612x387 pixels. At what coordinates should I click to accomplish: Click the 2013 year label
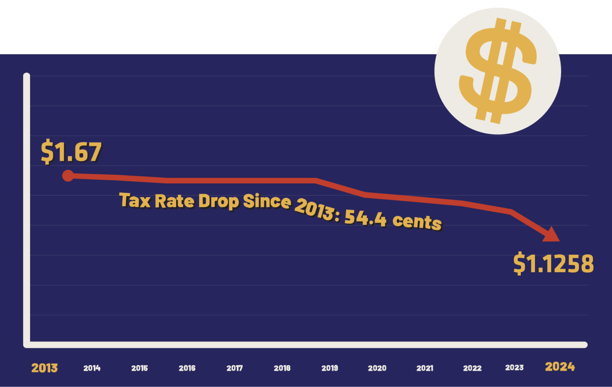point(44,368)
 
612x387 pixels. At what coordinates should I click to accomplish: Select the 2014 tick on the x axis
point(92,368)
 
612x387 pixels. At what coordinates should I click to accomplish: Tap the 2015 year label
point(139,368)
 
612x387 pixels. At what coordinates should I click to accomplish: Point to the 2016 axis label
point(187,368)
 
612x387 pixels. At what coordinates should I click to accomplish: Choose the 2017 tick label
point(234,368)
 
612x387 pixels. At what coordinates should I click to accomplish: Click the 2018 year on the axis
point(282,368)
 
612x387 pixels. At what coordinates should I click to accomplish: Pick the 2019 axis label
point(330,368)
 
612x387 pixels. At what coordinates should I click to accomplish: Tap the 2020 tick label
point(377,368)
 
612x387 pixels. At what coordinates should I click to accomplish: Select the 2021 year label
point(425,368)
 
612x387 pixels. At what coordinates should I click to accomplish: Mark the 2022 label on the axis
point(472,368)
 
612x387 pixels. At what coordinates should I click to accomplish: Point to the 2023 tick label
point(514,367)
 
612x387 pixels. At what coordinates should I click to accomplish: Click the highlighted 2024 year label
point(560,367)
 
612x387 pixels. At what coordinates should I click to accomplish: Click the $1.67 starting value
point(71,152)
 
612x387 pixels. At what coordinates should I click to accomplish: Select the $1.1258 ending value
point(553,264)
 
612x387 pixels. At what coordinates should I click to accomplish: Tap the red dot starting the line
point(68,176)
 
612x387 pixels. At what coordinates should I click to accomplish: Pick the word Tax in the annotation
point(135,200)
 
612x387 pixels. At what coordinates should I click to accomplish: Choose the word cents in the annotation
point(417,221)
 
